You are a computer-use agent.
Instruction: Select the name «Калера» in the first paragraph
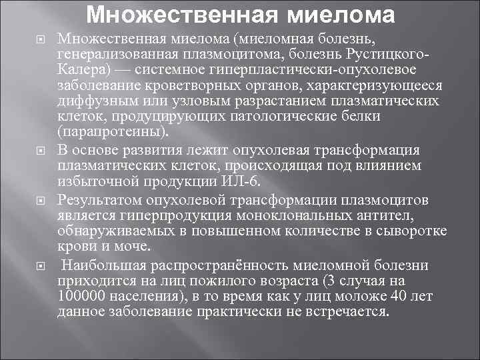[78, 70]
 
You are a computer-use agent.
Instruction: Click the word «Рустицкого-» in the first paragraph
[385, 55]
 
